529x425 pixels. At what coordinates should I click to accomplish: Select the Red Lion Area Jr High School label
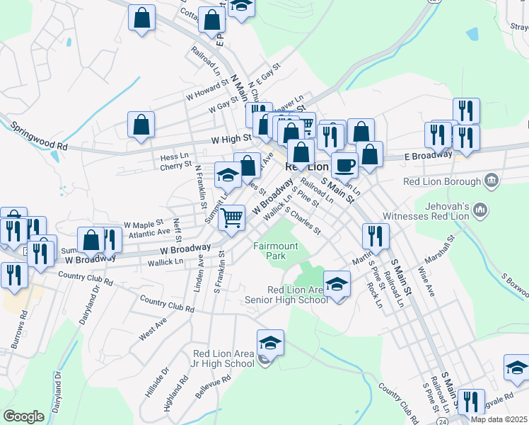coord(223,358)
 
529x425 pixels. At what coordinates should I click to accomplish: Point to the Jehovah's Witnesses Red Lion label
coord(436,210)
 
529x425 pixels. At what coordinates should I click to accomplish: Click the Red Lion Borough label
coord(442,181)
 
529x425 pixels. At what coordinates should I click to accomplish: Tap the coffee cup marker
coord(344,165)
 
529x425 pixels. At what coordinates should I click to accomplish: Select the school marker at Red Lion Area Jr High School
coord(270,343)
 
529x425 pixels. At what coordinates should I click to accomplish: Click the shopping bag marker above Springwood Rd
coord(141,124)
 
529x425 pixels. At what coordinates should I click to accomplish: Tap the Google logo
coord(23,416)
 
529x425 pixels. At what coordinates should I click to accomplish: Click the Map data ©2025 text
coord(499,419)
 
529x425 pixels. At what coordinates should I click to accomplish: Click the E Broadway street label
coord(428,154)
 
